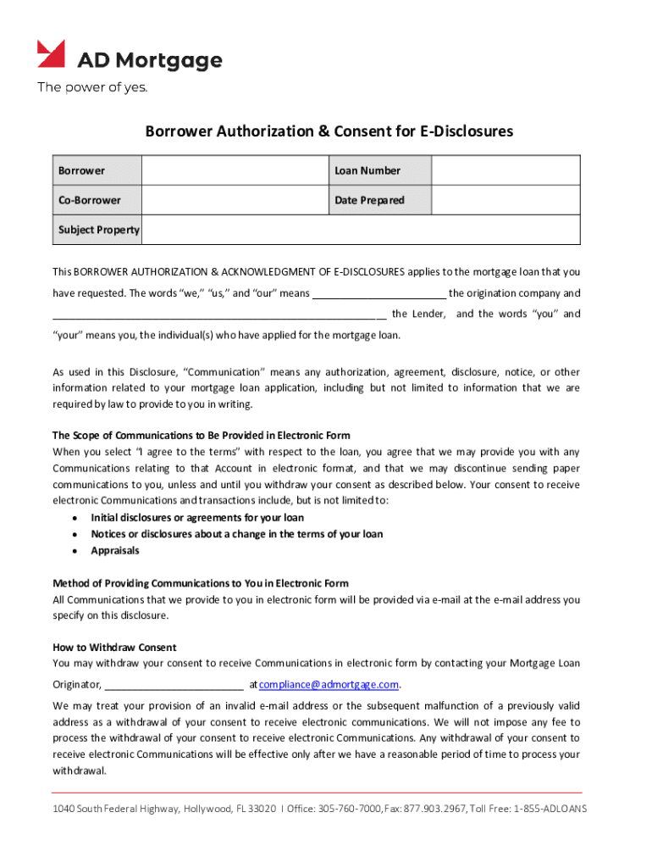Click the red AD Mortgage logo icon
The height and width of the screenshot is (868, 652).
[51, 54]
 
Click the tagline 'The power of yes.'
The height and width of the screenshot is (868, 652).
[91, 87]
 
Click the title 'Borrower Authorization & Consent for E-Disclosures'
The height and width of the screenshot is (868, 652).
[329, 131]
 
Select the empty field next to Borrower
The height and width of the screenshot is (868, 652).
[235, 170]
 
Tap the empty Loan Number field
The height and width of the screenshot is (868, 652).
[506, 170]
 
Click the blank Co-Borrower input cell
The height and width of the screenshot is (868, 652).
[235, 201]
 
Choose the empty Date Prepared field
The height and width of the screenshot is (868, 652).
[506, 201]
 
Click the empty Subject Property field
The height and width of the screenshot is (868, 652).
[360, 230]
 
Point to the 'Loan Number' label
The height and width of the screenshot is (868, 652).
[367, 170]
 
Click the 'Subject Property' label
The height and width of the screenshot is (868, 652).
[98, 230]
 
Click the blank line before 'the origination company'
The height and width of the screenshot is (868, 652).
[379, 295]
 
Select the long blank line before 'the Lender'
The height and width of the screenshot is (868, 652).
[219, 315]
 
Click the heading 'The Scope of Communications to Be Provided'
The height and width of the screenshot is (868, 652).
[201, 435]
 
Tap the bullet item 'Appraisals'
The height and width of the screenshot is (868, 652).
[115, 550]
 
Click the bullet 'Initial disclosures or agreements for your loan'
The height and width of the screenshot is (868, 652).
[197, 517]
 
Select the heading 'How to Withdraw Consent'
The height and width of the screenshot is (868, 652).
[114, 648]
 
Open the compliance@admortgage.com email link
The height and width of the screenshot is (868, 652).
[329, 684]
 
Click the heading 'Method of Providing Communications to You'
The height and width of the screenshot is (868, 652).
[201, 583]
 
